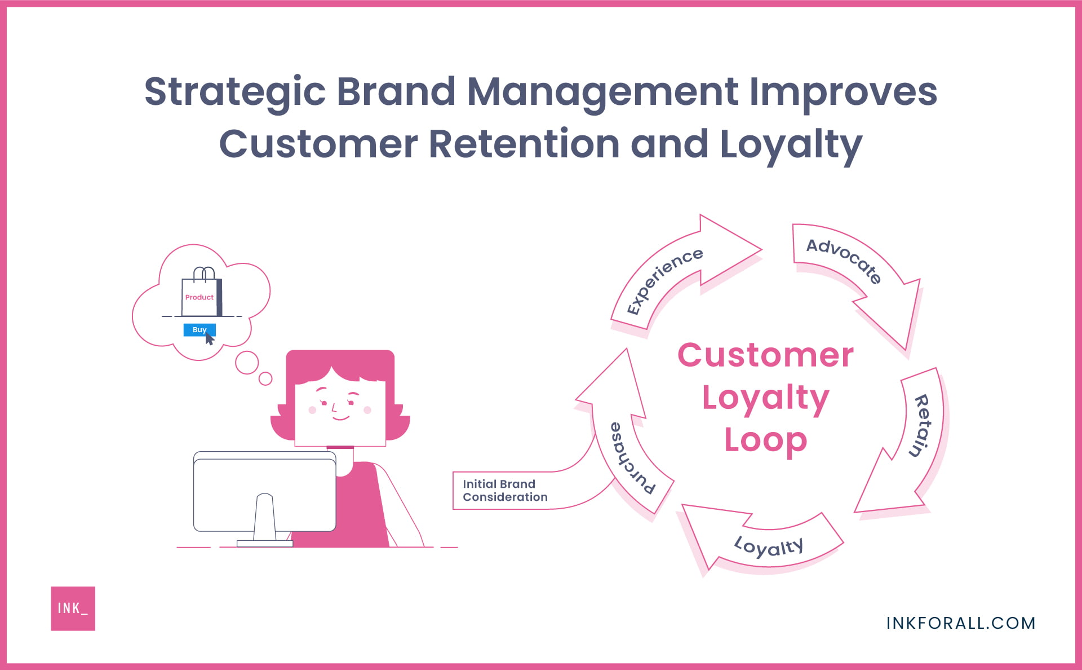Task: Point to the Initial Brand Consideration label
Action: pos(504,491)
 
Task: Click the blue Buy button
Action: pos(199,330)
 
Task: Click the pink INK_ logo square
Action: pos(73,608)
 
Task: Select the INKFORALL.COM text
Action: pos(961,623)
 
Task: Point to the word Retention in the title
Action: pos(524,144)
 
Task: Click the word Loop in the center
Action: pos(765,441)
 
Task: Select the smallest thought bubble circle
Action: pos(265,378)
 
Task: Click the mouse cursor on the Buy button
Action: pos(209,339)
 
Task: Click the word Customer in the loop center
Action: pos(765,356)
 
